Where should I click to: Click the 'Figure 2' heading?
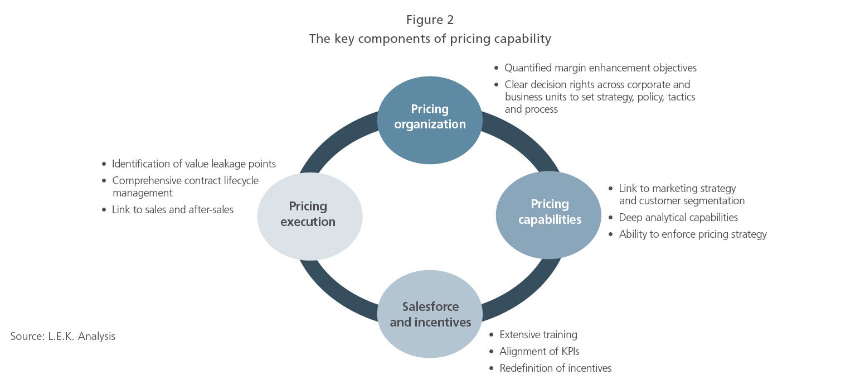430,20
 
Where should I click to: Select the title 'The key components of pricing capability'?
430,39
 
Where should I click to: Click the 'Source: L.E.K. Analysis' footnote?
62,337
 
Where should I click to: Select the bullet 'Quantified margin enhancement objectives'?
600,68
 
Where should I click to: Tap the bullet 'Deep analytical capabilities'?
678,218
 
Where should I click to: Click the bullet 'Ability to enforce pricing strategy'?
693,234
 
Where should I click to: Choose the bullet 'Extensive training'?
538,335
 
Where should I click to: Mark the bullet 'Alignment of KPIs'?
540,352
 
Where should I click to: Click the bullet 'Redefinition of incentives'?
555,368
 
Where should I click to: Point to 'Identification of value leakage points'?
194,164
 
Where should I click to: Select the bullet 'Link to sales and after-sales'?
172,210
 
